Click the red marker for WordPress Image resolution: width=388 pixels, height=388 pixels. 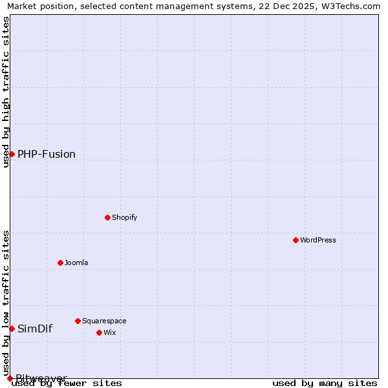tap(296, 240)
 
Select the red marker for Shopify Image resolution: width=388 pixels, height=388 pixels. tap(107, 217)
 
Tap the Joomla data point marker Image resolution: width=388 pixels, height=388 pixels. tap(60, 263)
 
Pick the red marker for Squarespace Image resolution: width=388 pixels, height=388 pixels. tap(78, 321)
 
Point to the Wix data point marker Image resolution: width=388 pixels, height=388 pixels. tap(99, 332)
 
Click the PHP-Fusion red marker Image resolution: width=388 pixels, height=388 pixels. tap(12, 154)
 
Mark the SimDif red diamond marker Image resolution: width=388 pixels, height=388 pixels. tap(12, 329)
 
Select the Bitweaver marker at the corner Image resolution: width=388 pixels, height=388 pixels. tap(10, 378)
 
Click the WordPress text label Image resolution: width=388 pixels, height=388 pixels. tap(318, 240)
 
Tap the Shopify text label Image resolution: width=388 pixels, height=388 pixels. tap(125, 217)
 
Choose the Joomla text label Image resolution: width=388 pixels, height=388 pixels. tap(76, 263)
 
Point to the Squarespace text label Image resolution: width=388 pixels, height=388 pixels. tap(104, 321)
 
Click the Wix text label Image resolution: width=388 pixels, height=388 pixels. tap(110, 332)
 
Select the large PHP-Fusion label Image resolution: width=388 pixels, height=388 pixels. tap(47, 154)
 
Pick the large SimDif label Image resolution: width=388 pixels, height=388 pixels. tap(35, 329)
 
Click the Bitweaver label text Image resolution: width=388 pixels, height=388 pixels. tap(41, 378)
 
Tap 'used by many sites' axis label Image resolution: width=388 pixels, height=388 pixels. tap(325, 383)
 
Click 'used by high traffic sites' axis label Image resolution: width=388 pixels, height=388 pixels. tap(6, 92)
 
